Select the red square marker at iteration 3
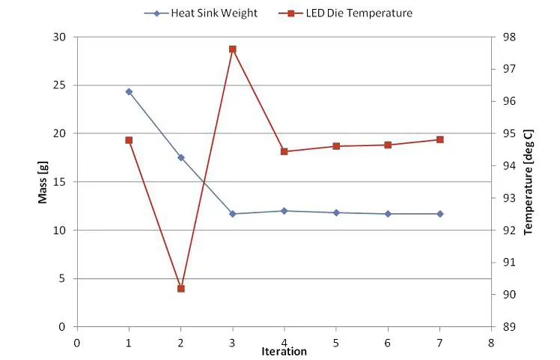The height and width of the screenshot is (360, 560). [232, 49]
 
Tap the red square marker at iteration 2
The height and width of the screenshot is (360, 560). [180, 288]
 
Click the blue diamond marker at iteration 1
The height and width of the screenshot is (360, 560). [129, 91]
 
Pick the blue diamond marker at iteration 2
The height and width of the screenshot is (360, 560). [180, 157]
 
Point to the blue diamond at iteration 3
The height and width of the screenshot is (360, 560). [232, 214]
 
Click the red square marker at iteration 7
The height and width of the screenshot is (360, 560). [439, 139]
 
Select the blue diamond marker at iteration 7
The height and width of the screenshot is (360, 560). [439, 214]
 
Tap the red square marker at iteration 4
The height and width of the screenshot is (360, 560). [284, 151]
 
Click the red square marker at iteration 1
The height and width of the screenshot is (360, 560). [129, 140]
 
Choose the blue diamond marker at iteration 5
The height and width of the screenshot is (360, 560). [336, 213]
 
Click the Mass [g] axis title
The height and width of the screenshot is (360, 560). [43, 182]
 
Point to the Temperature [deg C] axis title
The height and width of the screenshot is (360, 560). [529, 182]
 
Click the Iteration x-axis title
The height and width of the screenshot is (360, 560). [284, 351]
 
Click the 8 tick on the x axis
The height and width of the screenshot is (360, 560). [491, 342]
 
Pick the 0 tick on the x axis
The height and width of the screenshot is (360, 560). [76, 342]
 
